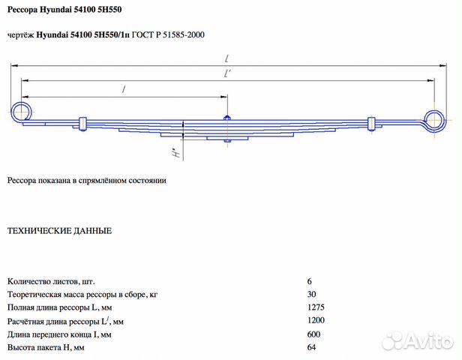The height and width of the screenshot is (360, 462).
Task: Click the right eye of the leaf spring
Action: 435,118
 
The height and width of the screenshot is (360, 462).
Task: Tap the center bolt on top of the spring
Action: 226,117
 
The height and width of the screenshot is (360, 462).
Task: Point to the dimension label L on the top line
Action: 226,58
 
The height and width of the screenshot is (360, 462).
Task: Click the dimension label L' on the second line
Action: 227,73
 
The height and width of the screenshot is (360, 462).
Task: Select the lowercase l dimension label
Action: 123,89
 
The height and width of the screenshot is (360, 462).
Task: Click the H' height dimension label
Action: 174,155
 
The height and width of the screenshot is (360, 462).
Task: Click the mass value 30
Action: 312,293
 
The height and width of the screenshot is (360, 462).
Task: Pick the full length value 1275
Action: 316,307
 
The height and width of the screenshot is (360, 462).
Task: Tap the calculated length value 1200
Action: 316,320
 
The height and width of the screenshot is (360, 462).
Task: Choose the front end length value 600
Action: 314,334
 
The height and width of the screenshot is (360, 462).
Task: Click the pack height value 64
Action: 312,347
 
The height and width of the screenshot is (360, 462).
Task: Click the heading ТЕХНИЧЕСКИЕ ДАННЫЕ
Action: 59,231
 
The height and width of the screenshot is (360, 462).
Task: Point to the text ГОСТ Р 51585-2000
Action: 169,35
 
